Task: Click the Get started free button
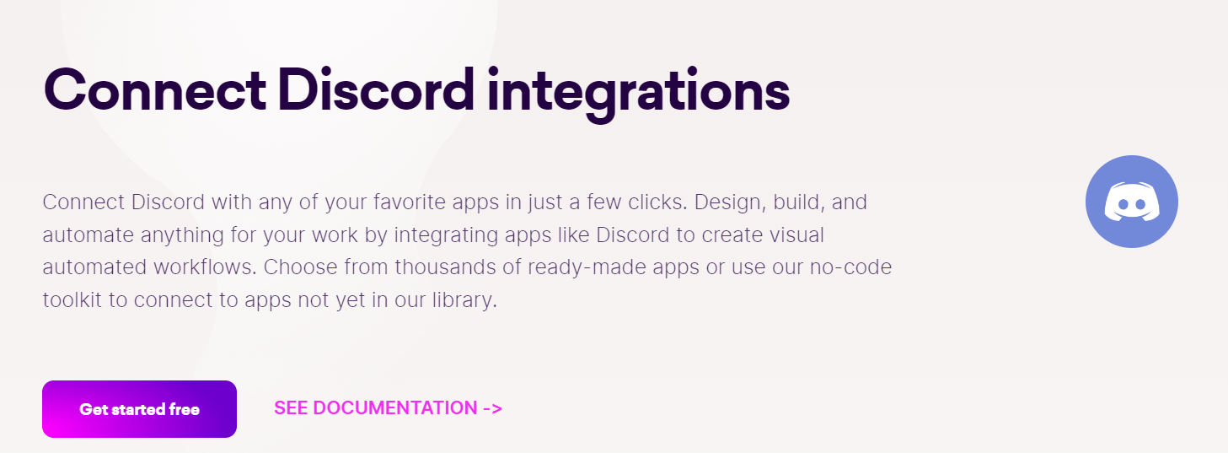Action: [x=139, y=409]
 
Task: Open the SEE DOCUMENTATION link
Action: [x=376, y=408]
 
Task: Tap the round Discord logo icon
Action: [x=1131, y=202]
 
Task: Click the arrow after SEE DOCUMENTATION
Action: [x=492, y=408]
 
